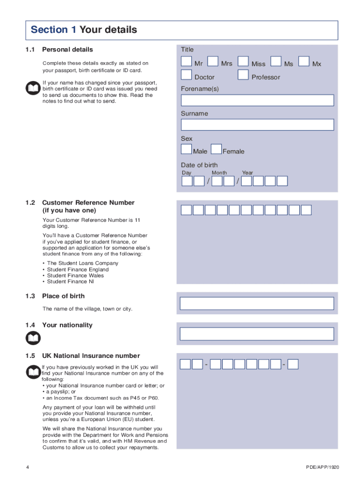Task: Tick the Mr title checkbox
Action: [187, 62]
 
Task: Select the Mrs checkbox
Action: [213, 62]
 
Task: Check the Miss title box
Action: [243, 62]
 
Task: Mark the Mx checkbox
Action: [304, 62]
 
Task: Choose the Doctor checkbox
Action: [187, 75]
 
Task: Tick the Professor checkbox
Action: [243, 75]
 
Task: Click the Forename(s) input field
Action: [257, 101]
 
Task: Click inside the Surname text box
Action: [257, 125]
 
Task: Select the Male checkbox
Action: [187, 149]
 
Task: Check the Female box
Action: [216, 149]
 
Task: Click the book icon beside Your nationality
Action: [34, 338]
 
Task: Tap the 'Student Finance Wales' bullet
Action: [75, 276]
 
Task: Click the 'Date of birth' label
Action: [199, 165]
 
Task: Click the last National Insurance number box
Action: [293, 364]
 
